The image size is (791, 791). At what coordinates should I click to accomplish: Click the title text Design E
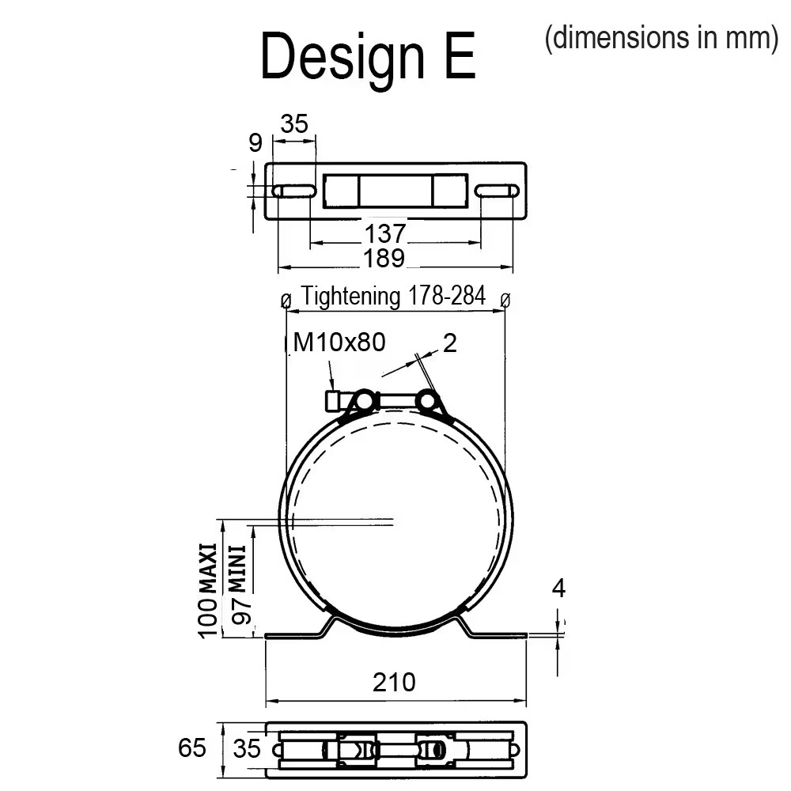click(x=368, y=56)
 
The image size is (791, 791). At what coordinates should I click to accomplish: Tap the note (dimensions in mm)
click(x=661, y=38)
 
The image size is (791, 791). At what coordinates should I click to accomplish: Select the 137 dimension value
click(x=385, y=233)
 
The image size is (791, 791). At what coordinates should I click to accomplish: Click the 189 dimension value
click(x=384, y=259)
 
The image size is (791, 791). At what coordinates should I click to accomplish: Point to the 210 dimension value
click(x=394, y=682)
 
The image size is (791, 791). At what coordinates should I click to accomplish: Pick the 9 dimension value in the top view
click(x=255, y=142)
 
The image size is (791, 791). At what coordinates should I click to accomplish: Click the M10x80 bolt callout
click(x=339, y=342)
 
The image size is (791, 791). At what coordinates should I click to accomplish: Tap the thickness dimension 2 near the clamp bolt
click(x=449, y=343)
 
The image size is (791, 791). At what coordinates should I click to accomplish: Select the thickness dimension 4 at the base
click(x=558, y=589)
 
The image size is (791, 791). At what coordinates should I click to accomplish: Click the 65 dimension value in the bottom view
click(x=191, y=747)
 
